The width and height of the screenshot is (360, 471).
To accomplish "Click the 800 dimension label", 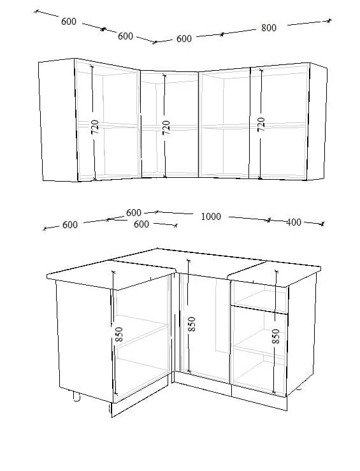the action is click(269, 28).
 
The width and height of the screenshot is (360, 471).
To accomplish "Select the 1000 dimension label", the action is click(211, 216).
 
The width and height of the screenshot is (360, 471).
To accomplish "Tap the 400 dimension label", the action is click(293, 222).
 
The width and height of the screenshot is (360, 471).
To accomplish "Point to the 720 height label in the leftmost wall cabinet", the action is click(94, 127).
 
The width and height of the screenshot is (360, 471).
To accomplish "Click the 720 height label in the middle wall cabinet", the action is click(166, 127).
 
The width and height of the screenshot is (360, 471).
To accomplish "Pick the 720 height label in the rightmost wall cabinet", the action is click(261, 124).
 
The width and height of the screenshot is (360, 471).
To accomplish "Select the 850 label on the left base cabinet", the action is click(119, 334).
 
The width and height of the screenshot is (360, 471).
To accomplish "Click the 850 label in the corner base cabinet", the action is click(191, 324).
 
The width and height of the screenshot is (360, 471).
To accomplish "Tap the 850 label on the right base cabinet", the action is click(275, 337).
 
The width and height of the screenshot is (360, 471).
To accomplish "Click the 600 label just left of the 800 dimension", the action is click(184, 39).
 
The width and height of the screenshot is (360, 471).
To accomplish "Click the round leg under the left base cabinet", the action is click(76, 396).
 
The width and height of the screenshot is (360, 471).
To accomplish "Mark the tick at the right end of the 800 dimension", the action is click(329, 21).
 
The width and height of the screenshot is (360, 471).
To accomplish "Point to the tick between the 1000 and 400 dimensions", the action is click(269, 220).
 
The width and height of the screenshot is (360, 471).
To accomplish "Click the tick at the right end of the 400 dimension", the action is click(322, 224).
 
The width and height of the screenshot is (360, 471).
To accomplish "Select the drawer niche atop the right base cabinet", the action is click(259, 296).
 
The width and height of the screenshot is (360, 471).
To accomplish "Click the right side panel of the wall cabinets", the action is click(318, 122).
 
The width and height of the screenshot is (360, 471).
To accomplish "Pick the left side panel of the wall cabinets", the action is click(58, 120).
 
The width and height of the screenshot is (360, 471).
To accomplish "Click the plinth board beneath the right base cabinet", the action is click(259, 398).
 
